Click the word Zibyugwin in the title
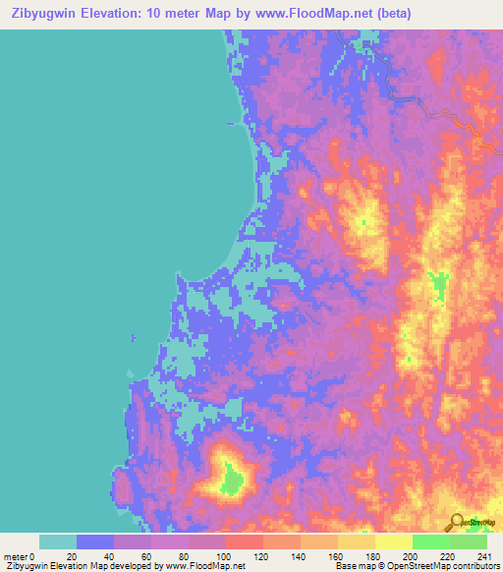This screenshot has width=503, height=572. click(45, 14)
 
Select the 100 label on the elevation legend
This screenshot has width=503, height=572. click(225, 556)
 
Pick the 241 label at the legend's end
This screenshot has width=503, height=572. click(481, 556)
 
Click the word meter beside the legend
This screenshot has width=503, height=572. click(15, 556)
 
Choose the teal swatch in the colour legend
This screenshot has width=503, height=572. click(58, 542)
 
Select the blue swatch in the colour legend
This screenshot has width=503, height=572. click(95, 542)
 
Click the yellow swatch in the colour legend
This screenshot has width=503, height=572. click(393, 542)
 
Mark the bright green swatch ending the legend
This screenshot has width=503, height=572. click(468, 542)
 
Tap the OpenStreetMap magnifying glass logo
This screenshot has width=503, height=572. click(458, 523)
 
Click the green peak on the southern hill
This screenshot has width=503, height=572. click(232, 479)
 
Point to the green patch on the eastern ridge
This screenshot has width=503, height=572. click(435, 287)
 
